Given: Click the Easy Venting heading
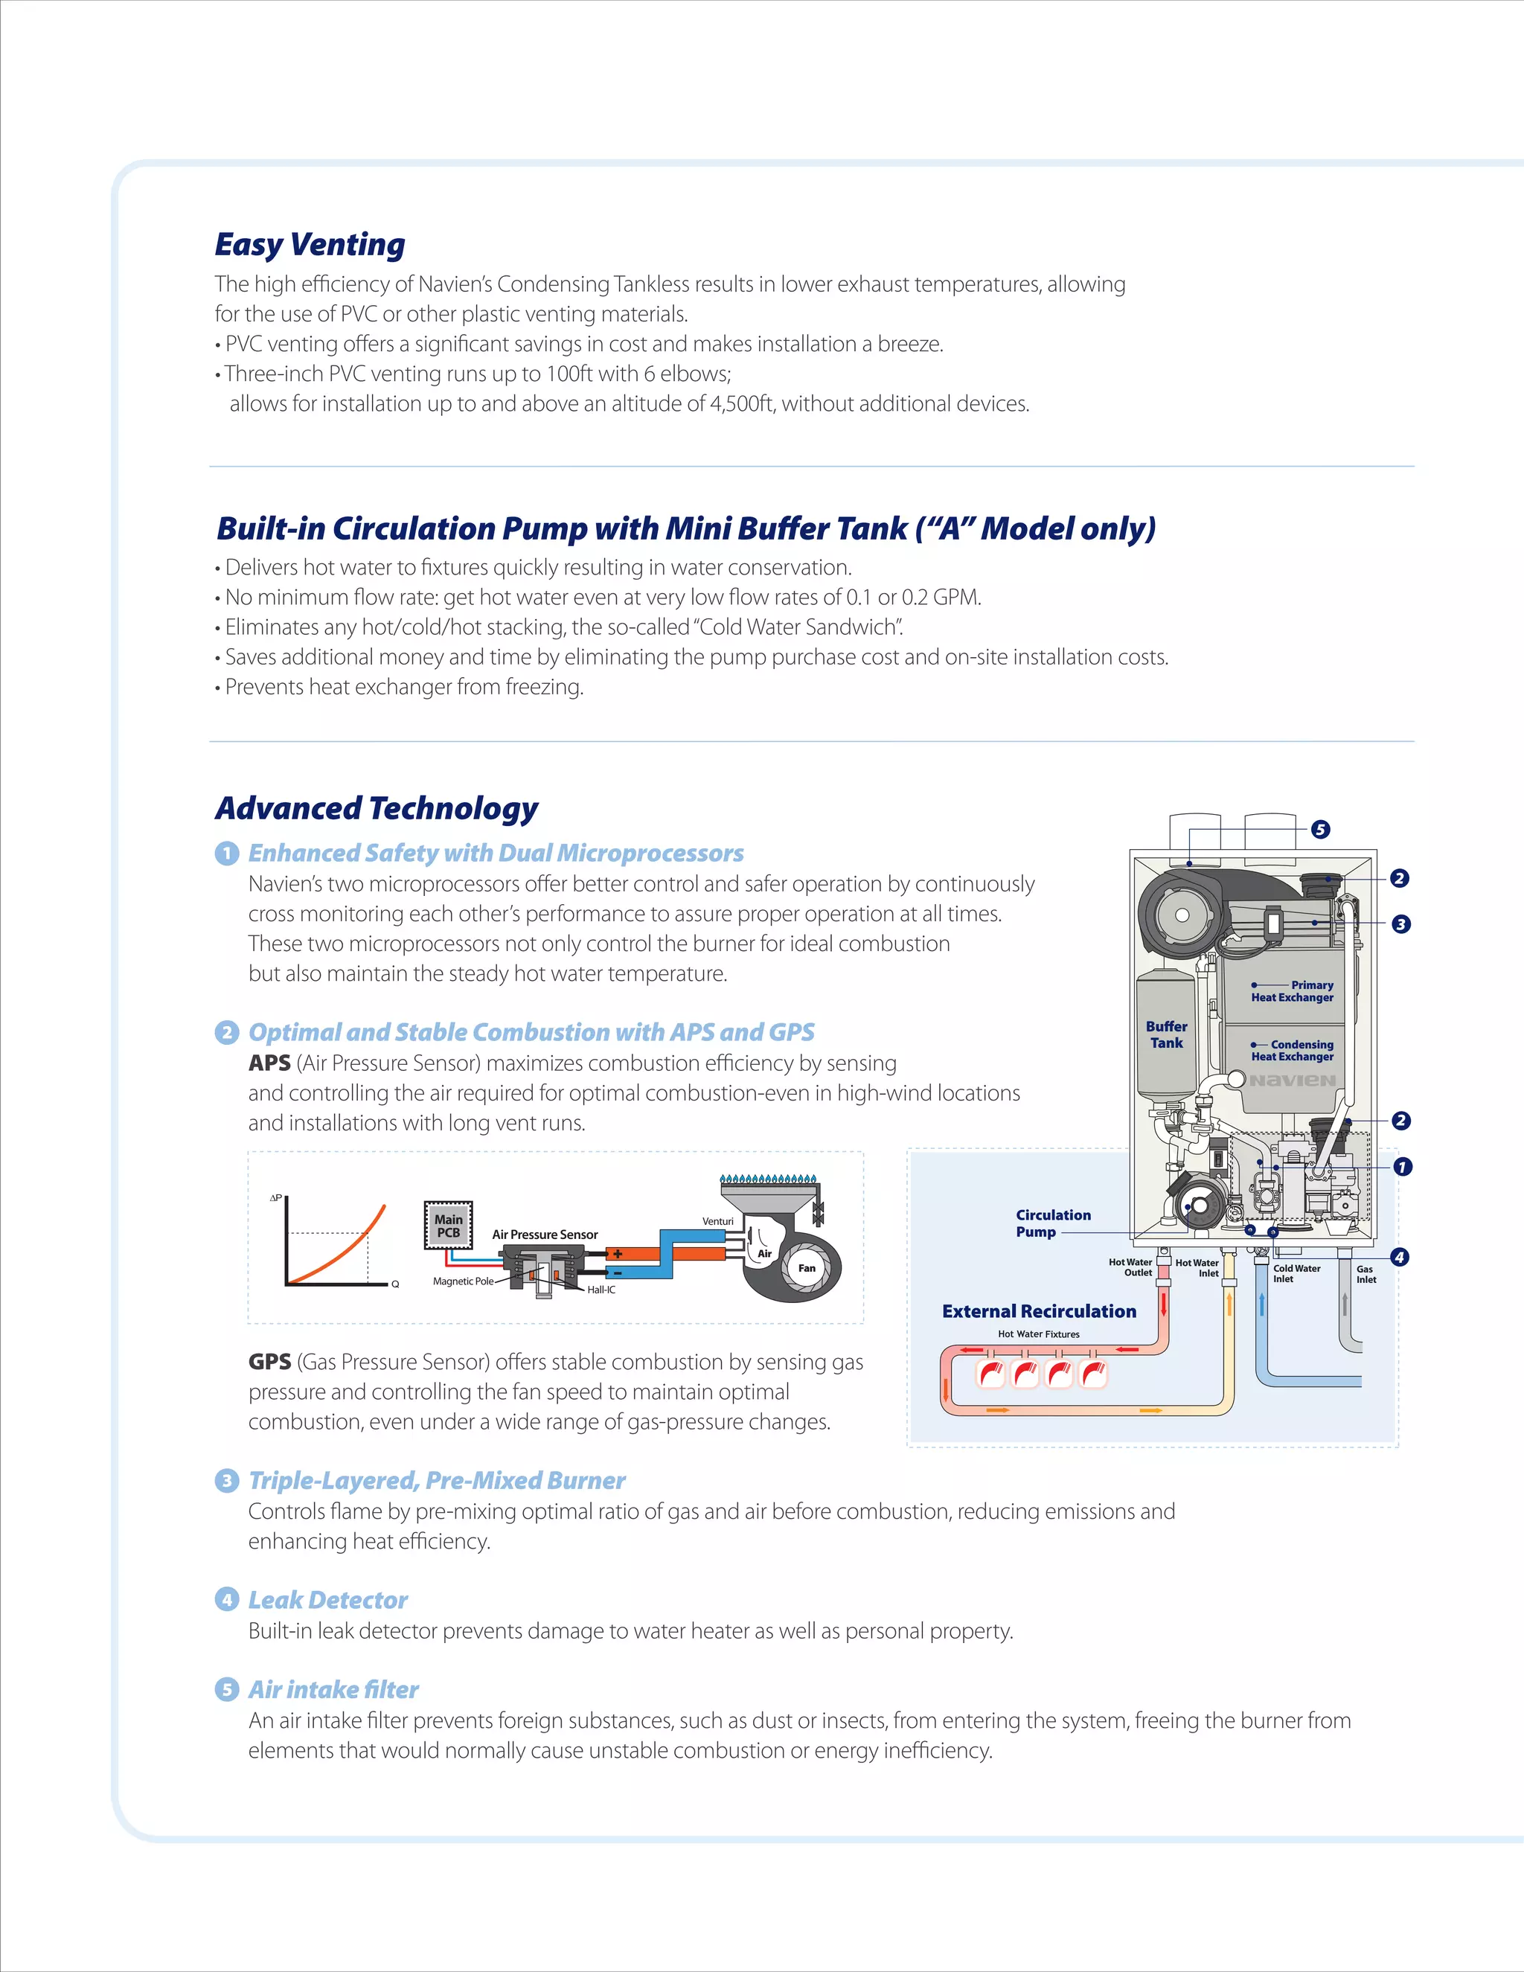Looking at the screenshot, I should pos(310,245).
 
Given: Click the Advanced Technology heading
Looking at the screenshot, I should pos(377,808).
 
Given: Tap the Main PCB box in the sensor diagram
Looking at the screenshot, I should pos(449,1226).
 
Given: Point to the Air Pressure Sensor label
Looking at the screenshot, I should pos(545,1235).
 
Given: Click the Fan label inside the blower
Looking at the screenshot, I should pos(806,1268).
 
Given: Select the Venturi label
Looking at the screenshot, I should pos(718,1220).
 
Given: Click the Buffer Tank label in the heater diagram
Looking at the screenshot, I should pos(1167,1035).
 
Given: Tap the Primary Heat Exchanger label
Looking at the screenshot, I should pos(1292,991).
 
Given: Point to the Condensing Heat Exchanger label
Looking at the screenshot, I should pos(1292,1050).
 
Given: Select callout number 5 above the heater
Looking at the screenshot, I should pos(1320,829).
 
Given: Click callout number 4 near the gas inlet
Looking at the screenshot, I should pos(1398,1257).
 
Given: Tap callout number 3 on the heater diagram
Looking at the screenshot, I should pos(1400,923).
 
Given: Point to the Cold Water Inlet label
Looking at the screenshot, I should pos(1296,1273).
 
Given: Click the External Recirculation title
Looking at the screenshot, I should pos(1038,1311).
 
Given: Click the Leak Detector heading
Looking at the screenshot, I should pos(327,1600).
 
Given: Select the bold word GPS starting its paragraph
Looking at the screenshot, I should pos(269,1362).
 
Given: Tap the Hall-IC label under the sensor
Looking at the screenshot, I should pos(601,1290).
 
